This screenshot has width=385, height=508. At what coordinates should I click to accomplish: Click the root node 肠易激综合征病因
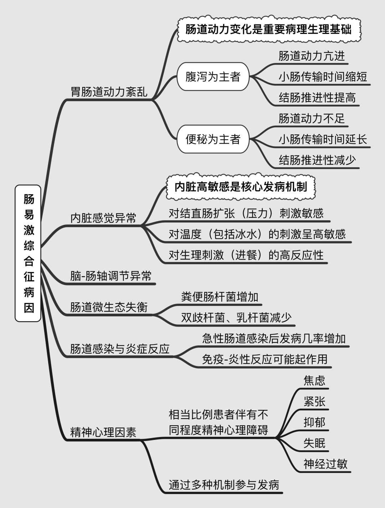[29, 253]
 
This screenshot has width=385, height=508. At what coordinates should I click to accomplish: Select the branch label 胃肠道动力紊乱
[109, 92]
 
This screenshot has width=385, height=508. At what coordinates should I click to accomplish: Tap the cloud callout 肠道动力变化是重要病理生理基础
[268, 29]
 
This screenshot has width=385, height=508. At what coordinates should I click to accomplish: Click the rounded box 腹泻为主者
[213, 77]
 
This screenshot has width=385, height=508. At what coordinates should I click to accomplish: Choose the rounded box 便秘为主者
[213, 139]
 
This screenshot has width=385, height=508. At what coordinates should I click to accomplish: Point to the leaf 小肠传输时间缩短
[323, 77]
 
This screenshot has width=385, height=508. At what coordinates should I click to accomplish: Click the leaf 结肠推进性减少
[317, 160]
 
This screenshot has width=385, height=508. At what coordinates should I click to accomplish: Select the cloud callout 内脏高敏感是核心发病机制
[241, 186]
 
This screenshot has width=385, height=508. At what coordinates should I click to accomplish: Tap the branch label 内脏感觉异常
[103, 217]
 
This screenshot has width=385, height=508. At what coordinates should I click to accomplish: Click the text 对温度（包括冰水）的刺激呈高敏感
[257, 234]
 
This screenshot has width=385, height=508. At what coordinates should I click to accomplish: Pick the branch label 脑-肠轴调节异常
[111, 276]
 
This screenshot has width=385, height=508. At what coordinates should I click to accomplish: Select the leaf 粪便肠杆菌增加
[220, 297]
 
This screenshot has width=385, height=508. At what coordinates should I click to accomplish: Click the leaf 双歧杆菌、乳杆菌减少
[236, 317]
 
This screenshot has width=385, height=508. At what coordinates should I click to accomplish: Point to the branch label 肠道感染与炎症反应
[119, 349]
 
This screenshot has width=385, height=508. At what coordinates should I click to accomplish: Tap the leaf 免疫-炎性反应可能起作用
[265, 359]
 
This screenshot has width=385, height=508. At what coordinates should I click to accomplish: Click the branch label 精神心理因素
[103, 432]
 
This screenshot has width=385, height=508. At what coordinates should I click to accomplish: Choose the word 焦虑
[314, 380]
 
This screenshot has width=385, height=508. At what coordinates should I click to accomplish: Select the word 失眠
[314, 443]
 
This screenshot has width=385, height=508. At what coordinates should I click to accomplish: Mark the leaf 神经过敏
[325, 464]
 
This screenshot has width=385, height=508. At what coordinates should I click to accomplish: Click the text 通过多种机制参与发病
[224, 485]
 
